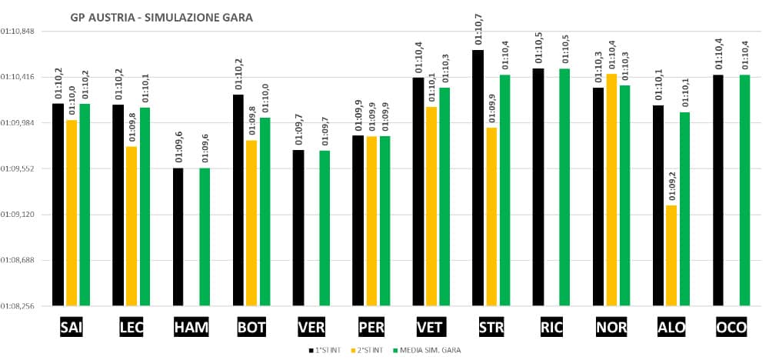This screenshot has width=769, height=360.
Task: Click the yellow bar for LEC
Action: coord(131,226)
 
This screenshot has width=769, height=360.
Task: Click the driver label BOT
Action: coord(251,328)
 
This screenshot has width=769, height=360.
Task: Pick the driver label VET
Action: coord(429,328)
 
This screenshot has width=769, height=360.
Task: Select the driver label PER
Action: coord(371,328)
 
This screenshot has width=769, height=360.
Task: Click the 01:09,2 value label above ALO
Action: coord(671,188)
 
